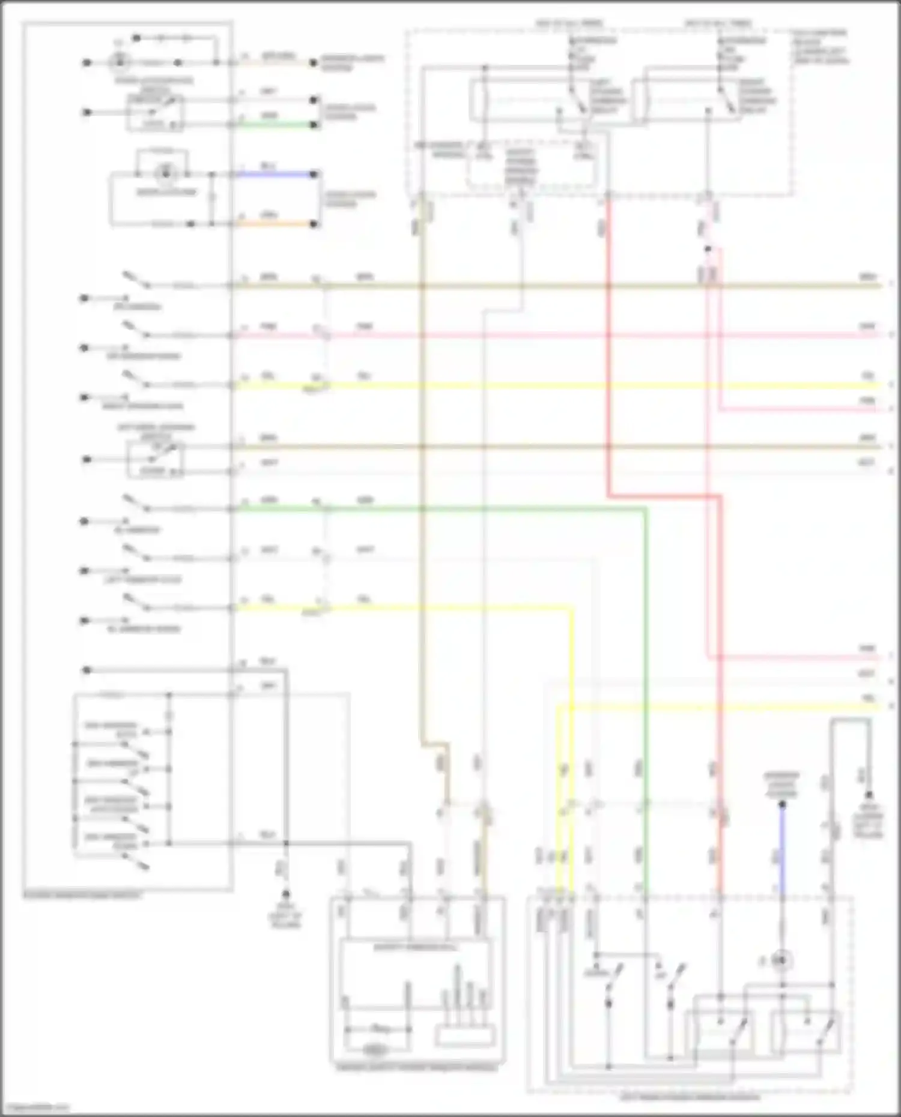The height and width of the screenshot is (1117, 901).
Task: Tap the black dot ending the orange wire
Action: [314, 224]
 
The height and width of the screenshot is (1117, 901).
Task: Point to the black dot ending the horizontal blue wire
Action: [314, 175]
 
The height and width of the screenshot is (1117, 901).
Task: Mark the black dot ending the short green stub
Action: [314, 125]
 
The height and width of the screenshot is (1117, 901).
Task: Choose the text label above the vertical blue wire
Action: [781, 784]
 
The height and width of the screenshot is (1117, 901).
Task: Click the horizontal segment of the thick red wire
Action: [664, 496]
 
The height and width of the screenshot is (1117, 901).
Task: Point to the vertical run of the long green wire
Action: [646, 690]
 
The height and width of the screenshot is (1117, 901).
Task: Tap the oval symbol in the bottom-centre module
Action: [374, 1050]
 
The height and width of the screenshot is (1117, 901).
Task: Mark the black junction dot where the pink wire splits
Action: [708, 249]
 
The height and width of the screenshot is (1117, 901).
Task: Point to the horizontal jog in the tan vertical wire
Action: [435, 745]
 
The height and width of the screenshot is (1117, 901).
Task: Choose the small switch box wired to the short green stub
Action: [155, 112]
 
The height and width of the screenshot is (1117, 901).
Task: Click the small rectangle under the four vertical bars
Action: [466, 1037]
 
